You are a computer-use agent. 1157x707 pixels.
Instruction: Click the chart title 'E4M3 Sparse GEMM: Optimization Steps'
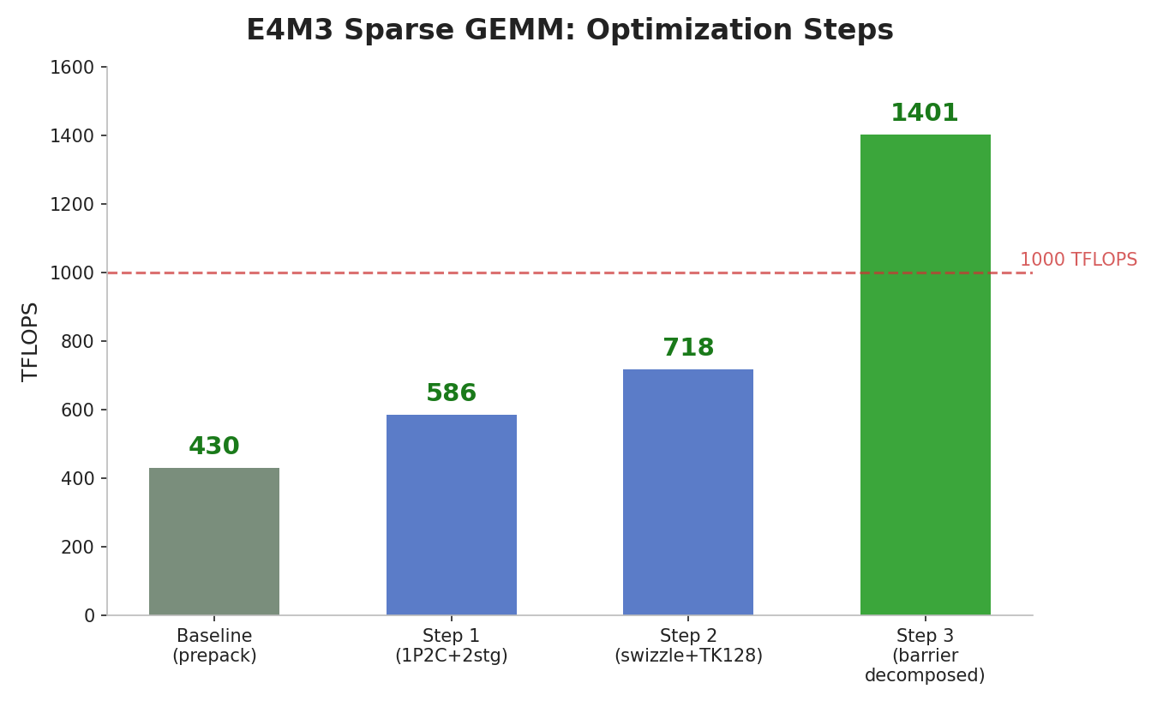point(569,31)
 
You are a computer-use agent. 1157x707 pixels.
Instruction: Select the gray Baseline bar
point(214,542)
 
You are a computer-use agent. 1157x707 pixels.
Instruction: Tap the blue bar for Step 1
point(452,515)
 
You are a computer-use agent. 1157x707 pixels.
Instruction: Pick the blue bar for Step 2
point(688,492)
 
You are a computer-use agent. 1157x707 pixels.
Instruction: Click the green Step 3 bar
point(925,374)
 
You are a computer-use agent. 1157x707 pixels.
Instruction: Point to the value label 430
point(214,447)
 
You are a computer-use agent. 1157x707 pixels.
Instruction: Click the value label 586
point(452,394)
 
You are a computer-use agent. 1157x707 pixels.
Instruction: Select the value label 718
point(688,349)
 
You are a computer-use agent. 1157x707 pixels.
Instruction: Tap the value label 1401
point(925,114)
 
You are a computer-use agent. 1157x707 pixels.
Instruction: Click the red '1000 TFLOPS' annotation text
point(1078,260)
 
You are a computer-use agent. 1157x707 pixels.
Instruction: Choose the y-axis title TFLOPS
point(31,341)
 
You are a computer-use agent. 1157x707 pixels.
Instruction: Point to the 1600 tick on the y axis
point(72,68)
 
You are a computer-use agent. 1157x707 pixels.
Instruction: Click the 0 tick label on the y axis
point(89,616)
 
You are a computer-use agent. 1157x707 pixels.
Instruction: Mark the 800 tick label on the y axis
point(77,342)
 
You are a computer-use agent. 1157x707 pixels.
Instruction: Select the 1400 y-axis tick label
point(72,136)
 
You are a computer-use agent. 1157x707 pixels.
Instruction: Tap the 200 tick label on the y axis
point(77,548)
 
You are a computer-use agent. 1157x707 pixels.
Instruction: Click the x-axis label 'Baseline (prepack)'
point(214,646)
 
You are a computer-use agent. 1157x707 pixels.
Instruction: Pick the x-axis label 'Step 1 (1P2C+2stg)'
point(452,646)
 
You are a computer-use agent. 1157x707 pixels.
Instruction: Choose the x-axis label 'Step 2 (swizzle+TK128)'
point(688,646)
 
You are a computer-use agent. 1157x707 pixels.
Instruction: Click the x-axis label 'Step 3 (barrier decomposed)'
point(925,656)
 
